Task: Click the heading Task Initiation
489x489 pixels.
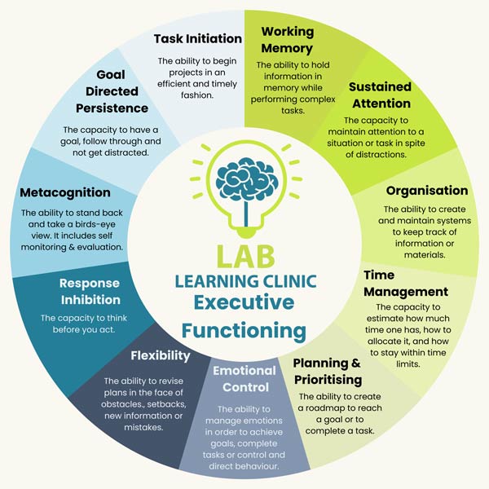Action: point(198,38)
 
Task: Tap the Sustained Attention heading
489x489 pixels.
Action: point(379,95)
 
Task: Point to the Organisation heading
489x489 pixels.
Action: point(427,191)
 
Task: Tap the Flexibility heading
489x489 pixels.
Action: point(161,355)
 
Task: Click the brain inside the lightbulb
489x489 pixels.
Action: point(244,181)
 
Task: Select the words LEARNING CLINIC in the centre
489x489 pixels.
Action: point(244,281)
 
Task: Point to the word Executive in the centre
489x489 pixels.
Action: point(244,304)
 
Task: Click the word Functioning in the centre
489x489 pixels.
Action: point(244,331)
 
